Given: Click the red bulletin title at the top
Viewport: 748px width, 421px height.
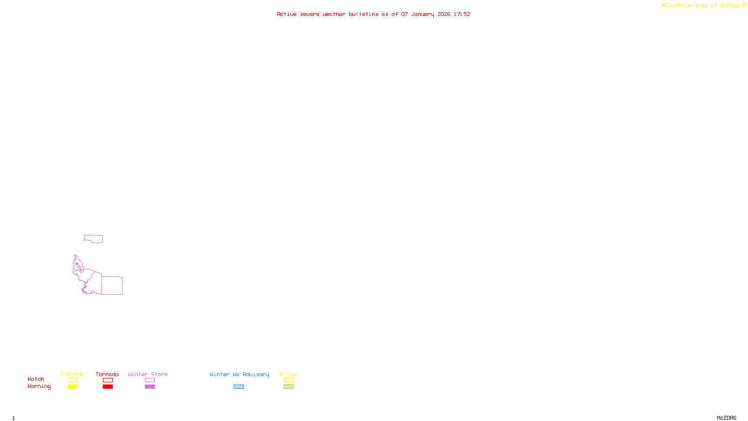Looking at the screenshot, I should (x=373, y=14).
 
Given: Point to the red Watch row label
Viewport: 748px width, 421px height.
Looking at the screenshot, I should (x=36, y=379).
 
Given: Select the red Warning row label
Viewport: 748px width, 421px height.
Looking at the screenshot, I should (x=39, y=386).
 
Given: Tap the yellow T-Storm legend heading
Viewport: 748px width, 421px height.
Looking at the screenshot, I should (x=72, y=374).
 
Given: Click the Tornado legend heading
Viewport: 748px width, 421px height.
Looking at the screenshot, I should (x=107, y=374).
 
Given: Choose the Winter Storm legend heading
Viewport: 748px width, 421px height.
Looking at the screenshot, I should (x=148, y=374).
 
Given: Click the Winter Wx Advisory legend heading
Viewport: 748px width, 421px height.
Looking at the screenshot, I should (x=239, y=374).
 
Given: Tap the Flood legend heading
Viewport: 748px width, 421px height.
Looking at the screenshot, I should (x=288, y=374).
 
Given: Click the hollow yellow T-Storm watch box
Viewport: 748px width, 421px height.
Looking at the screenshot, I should (x=72, y=380).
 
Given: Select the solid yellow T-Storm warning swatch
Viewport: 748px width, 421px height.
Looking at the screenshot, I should (x=72, y=387).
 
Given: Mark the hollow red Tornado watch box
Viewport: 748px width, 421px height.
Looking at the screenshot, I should (x=108, y=380).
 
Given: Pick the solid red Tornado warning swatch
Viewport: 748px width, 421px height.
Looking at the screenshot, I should (x=108, y=387).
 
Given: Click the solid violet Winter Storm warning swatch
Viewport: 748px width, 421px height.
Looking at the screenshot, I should (x=150, y=387).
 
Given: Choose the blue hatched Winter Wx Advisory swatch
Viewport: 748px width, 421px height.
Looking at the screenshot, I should (x=238, y=387).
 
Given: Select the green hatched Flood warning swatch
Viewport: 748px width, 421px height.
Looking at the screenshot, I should (x=288, y=387).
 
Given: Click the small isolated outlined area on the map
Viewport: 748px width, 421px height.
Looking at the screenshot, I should (x=93, y=239).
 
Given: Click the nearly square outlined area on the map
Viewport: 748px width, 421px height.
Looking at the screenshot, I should (x=112, y=285).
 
